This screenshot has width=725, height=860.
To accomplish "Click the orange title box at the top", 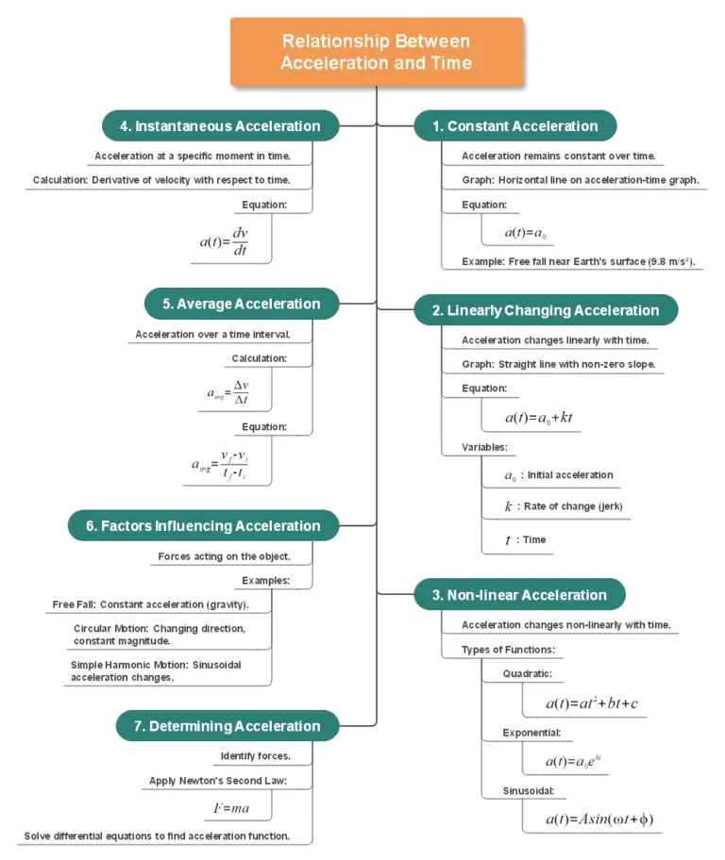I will tap(376, 52).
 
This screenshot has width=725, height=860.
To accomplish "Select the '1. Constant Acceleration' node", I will tap(514, 126).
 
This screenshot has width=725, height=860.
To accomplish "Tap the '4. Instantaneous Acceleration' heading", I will tap(220, 126).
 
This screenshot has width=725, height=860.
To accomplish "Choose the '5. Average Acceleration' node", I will tap(241, 304).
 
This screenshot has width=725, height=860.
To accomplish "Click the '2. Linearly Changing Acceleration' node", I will tap(545, 310).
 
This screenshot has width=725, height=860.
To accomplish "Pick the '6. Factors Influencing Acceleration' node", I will tap(203, 526).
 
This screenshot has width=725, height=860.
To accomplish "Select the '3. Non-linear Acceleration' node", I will tap(519, 595).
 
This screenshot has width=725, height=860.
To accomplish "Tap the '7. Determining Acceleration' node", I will tap(227, 726).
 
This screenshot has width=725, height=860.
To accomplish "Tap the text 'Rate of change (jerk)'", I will tap(575, 506).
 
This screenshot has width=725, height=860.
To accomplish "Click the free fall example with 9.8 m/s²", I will tap(582, 260).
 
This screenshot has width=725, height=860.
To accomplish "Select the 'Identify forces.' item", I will tap(255, 756).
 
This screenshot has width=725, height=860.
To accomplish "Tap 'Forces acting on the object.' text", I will tap(224, 556).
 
